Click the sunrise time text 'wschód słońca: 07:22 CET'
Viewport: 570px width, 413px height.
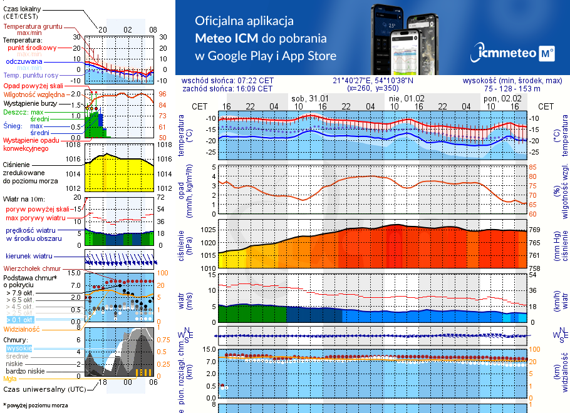click(236, 81)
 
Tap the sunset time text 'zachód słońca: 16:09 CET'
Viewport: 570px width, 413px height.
click(236, 89)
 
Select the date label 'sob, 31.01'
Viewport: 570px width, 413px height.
click(310, 98)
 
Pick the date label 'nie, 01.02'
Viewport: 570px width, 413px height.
click(407, 98)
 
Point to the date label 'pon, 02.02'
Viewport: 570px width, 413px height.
click(502, 98)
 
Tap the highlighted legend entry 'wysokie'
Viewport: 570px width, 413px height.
click(18, 348)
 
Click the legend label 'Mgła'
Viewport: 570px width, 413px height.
click(10, 379)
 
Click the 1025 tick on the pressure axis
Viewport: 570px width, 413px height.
click(207, 230)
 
